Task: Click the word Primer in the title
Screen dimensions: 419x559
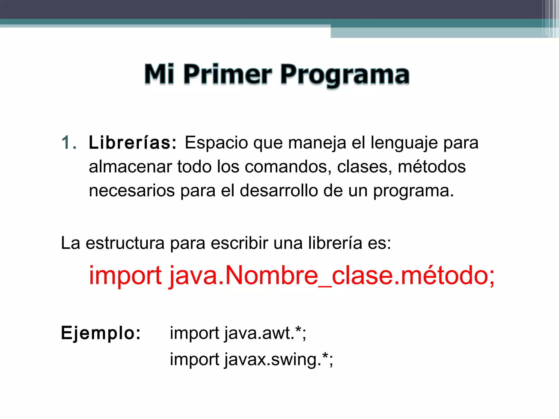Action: click(228, 74)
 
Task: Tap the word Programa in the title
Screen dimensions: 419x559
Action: click(345, 75)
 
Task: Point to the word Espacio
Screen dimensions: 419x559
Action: click(216, 143)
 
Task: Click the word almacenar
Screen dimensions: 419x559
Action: click(130, 167)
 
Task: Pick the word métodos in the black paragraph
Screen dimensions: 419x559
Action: click(432, 167)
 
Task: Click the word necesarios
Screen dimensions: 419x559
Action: click(132, 191)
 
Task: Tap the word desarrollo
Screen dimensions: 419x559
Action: click(279, 191)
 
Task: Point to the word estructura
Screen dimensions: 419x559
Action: click(125, 243)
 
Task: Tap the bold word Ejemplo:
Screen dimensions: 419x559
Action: click(101, 333)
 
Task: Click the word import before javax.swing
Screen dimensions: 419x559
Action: click(195, 360)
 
